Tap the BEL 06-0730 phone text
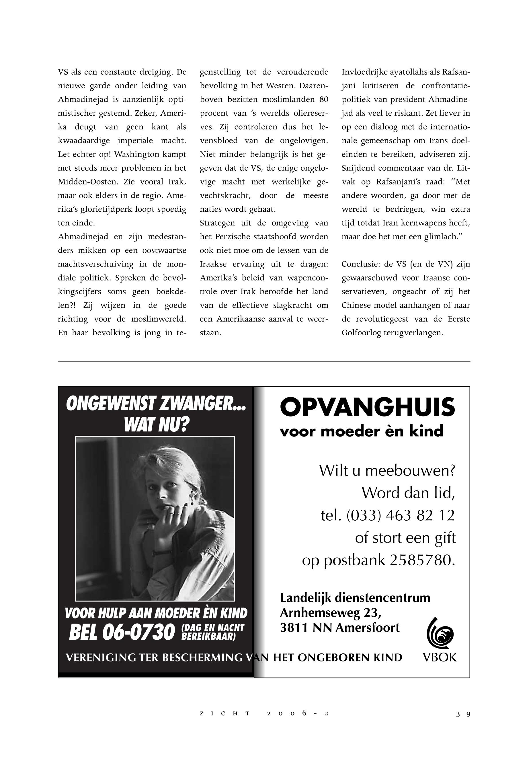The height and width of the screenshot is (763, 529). (x=122, y=632)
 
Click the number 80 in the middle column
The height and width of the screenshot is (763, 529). (x=323, y=99)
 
